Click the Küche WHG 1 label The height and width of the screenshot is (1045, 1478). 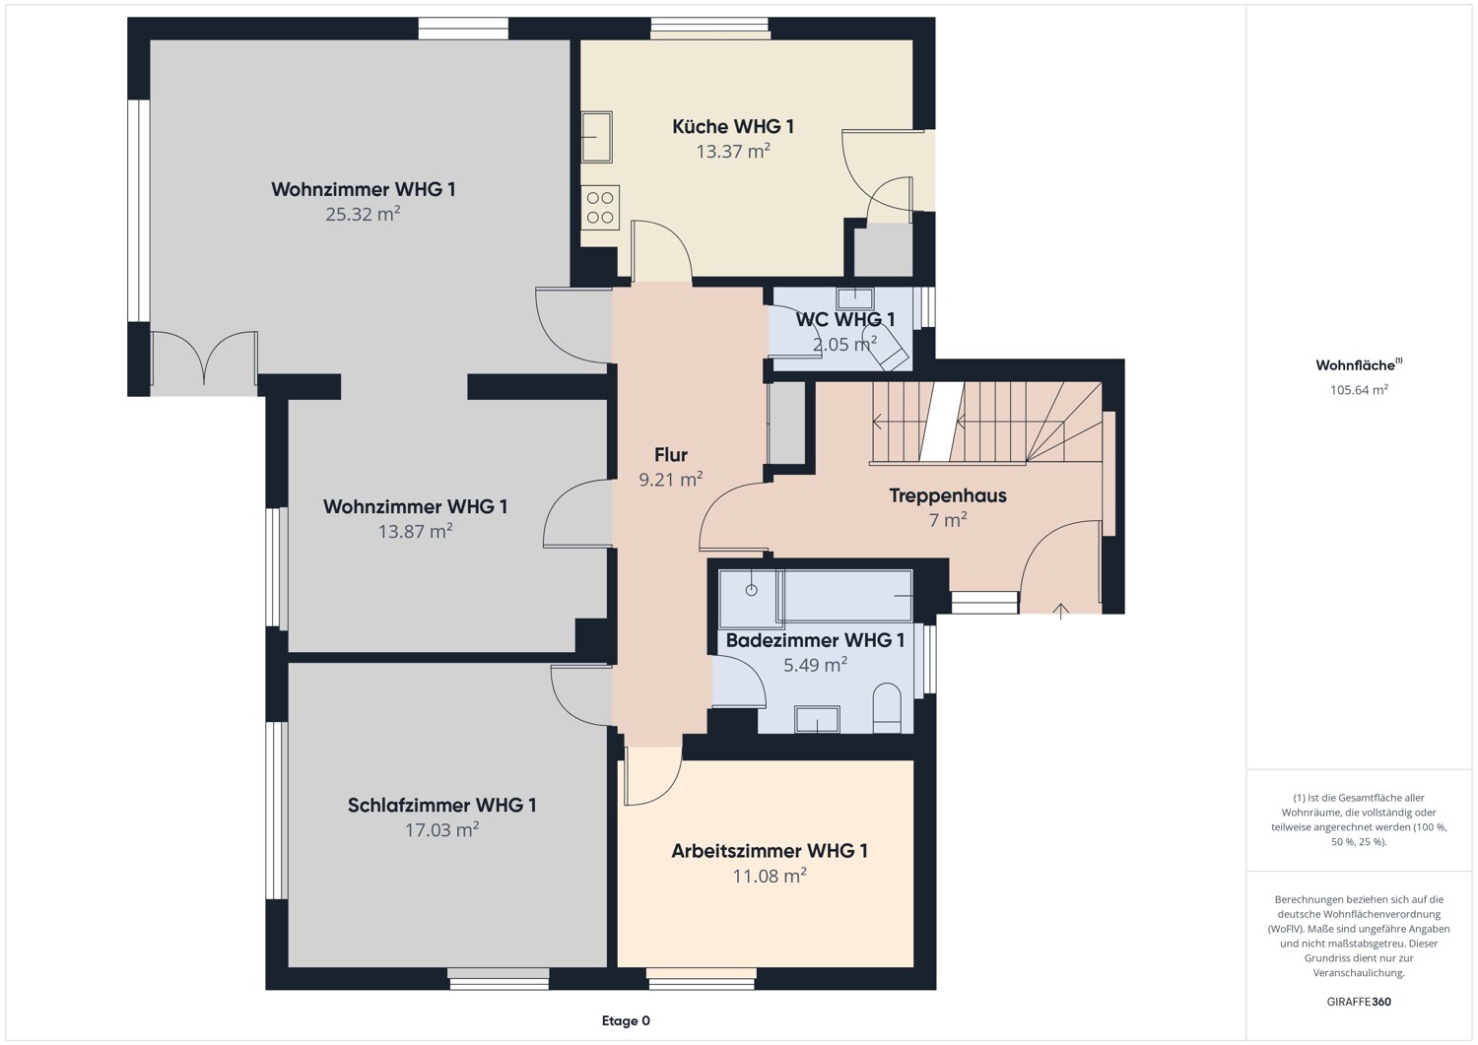pos(732,126)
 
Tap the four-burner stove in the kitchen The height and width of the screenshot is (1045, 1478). pos(600,207)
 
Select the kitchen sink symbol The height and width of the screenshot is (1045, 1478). pos(596,137)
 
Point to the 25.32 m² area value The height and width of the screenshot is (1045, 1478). pos(363,214)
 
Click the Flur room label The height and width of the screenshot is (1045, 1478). pos(670,455)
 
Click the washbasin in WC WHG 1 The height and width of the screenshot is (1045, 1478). pos(854,298)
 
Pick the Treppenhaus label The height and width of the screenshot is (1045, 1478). pos(948,495)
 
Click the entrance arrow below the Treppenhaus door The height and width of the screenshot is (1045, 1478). pos(1060,612)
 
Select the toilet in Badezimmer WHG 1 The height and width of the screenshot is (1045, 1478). pos(887,708)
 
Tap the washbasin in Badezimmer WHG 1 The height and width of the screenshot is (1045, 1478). pos(817,719)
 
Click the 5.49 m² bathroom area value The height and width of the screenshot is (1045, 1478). pos(815,665)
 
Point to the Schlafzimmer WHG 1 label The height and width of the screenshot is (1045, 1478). pos(441,805)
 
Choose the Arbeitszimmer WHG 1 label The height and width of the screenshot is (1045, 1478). pos(770,851)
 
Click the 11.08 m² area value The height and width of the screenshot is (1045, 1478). pos(770,876)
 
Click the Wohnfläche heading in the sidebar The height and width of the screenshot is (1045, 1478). pos(1359,364)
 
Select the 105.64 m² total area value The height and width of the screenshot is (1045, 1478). pos(1359,389)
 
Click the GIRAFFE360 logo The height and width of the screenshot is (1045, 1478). pos(1359,1002)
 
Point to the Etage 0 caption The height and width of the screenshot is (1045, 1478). pos(626,1020)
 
